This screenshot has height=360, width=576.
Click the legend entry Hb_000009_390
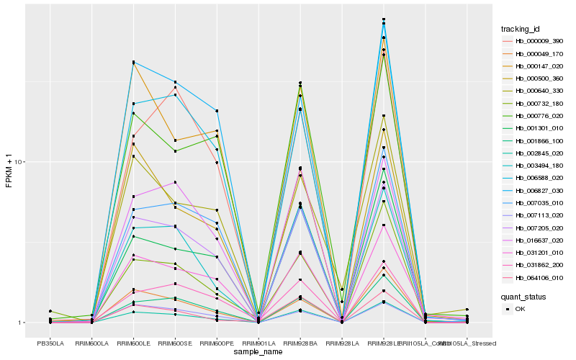click(539, 41)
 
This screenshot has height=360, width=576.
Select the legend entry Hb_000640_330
click(539, 91)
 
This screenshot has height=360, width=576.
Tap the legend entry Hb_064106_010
click(539, 278)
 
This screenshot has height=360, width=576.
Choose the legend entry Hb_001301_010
click(539, 128)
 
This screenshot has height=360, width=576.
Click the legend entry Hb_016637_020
click(539, 240)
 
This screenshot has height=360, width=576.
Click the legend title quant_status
click(523, 296)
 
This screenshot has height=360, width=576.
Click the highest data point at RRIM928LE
click(384, 19)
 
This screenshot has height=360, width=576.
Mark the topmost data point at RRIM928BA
click(300, 83)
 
